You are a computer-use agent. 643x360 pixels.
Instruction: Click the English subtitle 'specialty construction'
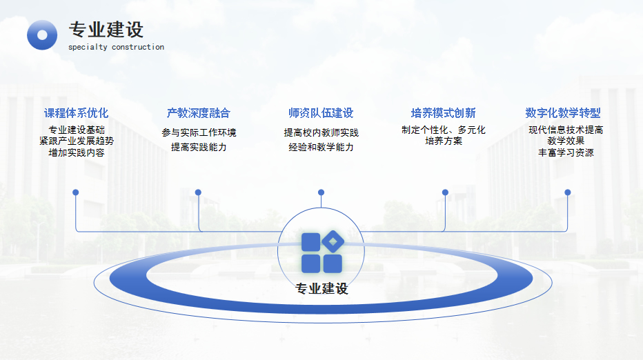116,47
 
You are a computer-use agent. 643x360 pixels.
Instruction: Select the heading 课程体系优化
77,112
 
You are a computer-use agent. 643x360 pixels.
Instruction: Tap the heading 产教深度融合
199,112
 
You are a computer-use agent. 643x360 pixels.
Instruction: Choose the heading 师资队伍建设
321,112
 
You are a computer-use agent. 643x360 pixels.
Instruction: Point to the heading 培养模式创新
444,112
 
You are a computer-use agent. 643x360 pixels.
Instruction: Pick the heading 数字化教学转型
563,112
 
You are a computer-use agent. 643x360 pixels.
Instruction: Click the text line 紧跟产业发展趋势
77,141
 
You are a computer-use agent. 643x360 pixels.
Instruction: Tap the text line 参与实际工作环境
199,132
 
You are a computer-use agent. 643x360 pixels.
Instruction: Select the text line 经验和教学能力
321,147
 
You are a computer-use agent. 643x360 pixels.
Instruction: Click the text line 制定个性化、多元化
444,130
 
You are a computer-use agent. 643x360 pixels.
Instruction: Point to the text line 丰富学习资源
566,152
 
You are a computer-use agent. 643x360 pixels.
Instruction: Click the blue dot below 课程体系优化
75,192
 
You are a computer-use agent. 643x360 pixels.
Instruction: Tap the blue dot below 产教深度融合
198,192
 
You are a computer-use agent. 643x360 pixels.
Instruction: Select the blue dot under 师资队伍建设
321,192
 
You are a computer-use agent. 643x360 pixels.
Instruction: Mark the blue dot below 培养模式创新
446,192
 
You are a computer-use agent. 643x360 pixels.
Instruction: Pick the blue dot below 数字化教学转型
568,192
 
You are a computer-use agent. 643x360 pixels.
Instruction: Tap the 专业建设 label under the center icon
321,289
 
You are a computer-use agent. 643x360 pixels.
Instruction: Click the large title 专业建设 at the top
106,30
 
